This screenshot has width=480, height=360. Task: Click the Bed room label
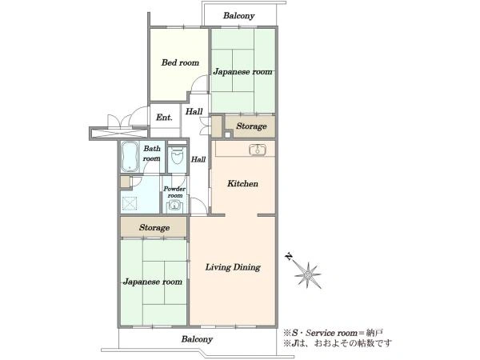click(180, 62)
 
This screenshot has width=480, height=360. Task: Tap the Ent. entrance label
click(164, 118)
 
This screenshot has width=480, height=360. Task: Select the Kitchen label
click(242, 184)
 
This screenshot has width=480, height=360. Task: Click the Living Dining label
click(233, 267)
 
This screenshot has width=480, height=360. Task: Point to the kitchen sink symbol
click(258, 150)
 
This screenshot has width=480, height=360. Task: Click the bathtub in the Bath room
click(130, 157)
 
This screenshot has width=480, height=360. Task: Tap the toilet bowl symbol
click(178, 156)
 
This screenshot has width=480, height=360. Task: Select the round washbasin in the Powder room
click(174, 206)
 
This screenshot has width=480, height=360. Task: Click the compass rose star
click(308, 275)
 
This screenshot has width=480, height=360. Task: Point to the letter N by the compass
click(288, 257)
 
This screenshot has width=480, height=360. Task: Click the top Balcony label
click(238, 16)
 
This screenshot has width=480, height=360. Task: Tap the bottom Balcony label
click(197, 339)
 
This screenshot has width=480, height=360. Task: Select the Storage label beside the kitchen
click(251, 126)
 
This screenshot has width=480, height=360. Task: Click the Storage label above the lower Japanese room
click(154, 227)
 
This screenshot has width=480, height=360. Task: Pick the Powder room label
click(174, 192)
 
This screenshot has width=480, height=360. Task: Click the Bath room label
click(151, 154)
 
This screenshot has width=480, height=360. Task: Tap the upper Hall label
click(194, 111)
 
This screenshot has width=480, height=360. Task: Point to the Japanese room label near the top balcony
click(242, 72)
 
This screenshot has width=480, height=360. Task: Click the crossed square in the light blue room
click(130, 203)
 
